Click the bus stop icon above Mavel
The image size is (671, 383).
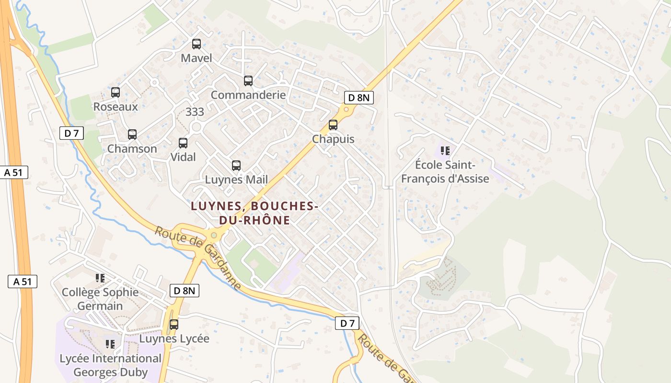[197, 44]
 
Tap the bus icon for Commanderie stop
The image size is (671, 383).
[248, 81]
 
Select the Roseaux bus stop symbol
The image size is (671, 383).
[116, 92]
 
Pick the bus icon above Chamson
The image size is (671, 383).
[132, 135]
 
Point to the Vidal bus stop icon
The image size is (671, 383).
[183, 143]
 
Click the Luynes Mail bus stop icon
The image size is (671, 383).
[236, 166]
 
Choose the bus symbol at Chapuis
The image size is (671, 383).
[333, 125]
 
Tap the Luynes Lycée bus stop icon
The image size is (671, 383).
[174, 324]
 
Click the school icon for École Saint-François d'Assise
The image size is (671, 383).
[445, 151]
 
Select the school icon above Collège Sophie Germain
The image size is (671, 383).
[100, 278]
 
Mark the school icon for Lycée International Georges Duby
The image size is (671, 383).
[110, 344]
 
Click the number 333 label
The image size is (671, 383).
[195, 112]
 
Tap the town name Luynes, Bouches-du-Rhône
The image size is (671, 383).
[255, 213]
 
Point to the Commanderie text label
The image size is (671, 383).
[248, 95]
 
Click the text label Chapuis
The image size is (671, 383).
[333, 139]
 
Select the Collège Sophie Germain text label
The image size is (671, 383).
[100, 299]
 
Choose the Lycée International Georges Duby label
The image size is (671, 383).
[110, 365]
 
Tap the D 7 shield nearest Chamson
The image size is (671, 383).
[71, 133]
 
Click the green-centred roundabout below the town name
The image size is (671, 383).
[214, 235]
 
